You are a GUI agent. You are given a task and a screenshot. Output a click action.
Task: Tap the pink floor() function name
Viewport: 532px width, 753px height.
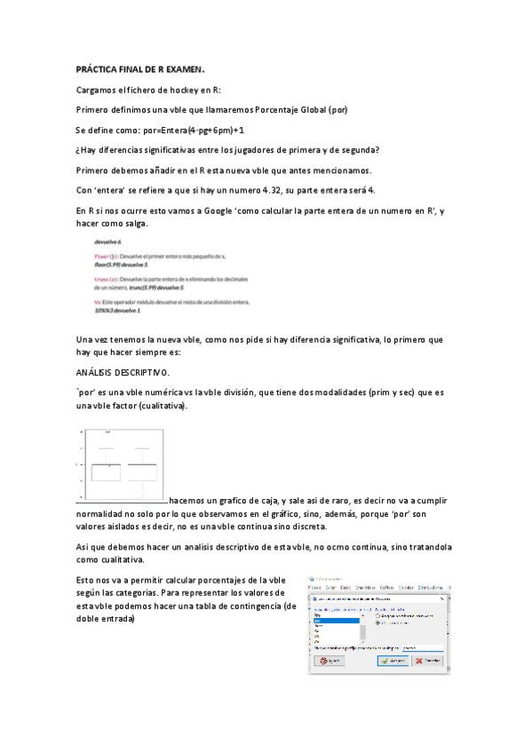point(106,255)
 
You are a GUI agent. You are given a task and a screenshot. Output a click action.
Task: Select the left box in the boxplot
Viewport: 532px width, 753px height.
point(107,472)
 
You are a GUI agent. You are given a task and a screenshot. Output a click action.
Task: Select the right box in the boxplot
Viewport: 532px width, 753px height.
point(141,472)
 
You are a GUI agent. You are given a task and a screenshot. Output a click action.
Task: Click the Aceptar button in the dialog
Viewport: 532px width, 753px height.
point(392,661)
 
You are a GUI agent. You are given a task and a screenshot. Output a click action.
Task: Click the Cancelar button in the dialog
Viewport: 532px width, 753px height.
point(425,661)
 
